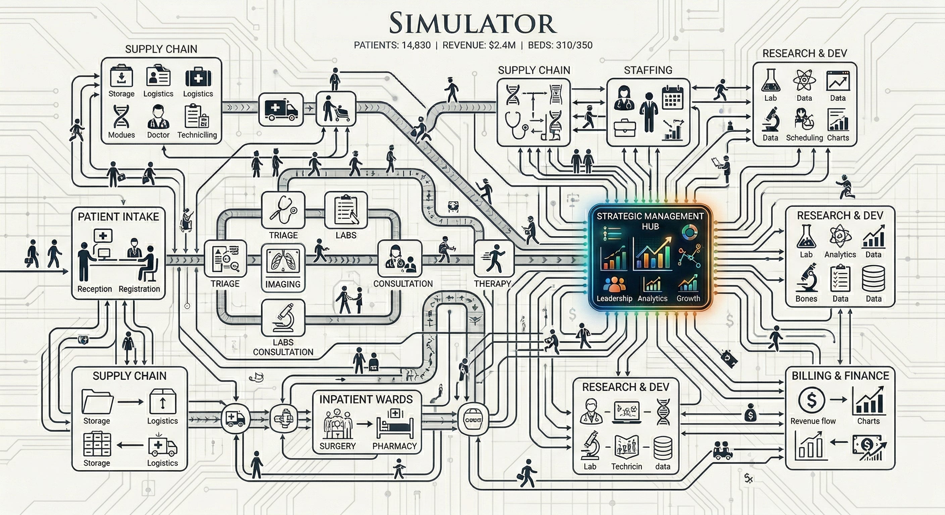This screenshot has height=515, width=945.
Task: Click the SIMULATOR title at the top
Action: (472, 24)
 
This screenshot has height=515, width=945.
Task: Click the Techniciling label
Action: (197, 135)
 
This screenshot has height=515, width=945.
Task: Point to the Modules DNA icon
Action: (121, 117)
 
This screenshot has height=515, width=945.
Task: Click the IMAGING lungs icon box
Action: (283, 261)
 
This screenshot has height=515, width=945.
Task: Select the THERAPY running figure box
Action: (493, 259)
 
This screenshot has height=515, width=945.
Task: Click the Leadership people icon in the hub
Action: (614, 284)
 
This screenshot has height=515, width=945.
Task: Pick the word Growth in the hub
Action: (688, 298)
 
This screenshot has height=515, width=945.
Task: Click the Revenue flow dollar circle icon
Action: (811, 400)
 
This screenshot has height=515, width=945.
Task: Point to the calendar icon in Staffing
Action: (673, 98)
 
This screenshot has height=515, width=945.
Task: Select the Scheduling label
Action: (804, 138)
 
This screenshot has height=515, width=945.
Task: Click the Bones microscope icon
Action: (806, 278)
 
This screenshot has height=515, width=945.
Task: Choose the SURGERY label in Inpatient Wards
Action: (338, 446)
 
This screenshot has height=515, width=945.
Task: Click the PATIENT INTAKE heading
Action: (118, 217)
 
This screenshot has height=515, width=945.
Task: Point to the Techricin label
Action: (626, 466)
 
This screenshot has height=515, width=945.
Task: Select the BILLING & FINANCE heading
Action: (840, 376)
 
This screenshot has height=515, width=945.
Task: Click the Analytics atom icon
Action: (840, 236)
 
